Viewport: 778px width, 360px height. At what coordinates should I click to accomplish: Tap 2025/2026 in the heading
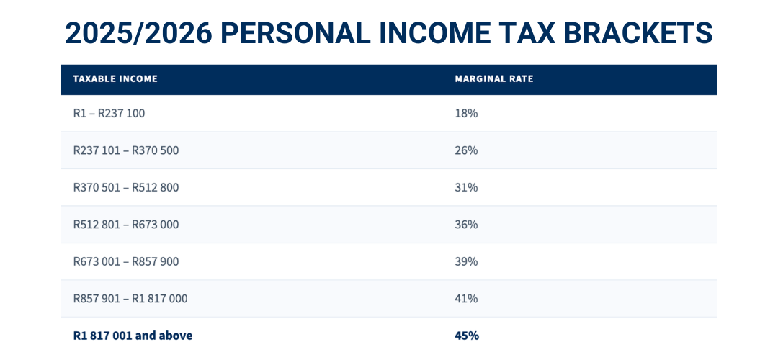coord(137,33)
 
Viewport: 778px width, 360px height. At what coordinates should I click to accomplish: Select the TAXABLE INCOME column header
coord(115,79)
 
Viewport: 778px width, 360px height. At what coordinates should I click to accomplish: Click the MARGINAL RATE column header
coord(494,79)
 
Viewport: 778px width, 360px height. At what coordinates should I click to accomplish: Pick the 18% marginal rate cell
coord(466,114)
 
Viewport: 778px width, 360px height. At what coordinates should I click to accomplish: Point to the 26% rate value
coord(466,150)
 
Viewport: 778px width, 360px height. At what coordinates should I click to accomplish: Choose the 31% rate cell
coord(466,188)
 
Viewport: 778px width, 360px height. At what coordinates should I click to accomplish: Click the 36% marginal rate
coord(466,225)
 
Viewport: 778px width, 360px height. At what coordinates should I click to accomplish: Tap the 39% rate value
coord(466,261)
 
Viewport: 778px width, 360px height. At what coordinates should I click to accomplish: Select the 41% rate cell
coord(466,299)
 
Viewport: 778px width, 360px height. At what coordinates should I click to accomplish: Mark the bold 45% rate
coord(467,336)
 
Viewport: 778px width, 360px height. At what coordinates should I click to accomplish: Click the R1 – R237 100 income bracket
coord(109,114)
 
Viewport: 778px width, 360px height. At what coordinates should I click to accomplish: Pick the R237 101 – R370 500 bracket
coord(126,150)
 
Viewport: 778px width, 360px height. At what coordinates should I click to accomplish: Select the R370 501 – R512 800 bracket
coord(126,188)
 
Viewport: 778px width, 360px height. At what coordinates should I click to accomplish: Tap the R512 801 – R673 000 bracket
coord(126,225)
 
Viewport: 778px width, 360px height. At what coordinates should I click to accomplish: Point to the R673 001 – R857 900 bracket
coord(126,261)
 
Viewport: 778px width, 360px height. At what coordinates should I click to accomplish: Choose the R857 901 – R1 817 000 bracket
coord(130,299)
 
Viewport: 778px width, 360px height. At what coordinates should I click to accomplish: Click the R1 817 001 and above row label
coord(133,336)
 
